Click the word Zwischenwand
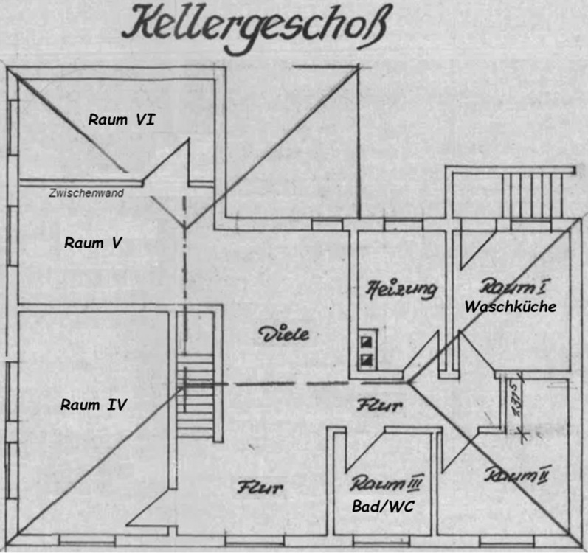point(86,193)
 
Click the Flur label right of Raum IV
point(260,487)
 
